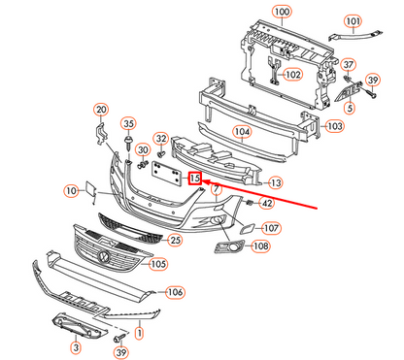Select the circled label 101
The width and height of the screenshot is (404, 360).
[x=352, y=20]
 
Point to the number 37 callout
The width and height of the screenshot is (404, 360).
[x=347, y=64]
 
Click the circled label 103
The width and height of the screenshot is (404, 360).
[x=334, y=126]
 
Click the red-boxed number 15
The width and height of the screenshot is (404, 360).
[x=195, y=178]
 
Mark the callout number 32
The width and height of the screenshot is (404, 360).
[x=161, y=139]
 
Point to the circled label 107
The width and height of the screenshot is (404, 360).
[x=271, y=228]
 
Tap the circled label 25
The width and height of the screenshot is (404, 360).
[x=174, y=240]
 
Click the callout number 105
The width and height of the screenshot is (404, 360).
[x=158, y=263]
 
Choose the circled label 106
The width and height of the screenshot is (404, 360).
[x=174, y=292]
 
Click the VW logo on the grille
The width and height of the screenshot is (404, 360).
[x=103, y=256]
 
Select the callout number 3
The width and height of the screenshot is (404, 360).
[x=75, y=345]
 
